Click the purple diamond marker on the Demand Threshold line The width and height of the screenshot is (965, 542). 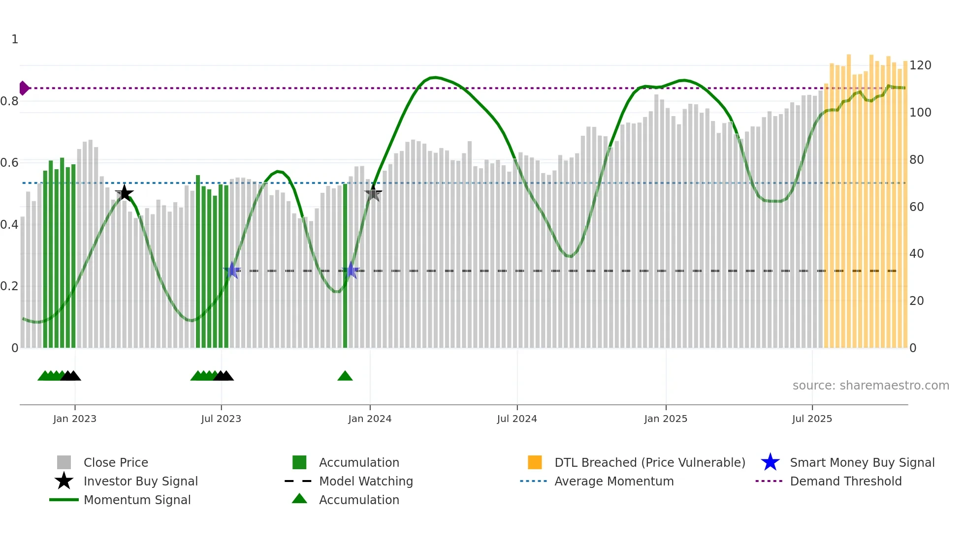pos(24,88)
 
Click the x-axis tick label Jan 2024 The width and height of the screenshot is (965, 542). pos(370,419)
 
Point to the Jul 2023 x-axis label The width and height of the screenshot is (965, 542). pos(221,419)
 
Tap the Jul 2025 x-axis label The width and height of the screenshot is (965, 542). pos(812,419)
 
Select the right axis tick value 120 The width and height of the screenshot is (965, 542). pos(920,65)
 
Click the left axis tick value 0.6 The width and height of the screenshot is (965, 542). pos(9,163)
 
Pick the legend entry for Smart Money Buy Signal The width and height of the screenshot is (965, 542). pos(862,462)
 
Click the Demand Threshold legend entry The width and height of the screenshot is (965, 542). pos(845,481)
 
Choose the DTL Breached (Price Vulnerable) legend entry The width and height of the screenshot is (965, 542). pos(649,462)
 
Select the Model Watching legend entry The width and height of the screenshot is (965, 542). pos(365,481)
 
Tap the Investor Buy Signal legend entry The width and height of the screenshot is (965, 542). pos(140,481)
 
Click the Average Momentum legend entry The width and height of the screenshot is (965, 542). pos(613,481)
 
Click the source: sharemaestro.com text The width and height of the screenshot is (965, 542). pos(870,386)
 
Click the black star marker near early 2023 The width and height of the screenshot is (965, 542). pos(125,193)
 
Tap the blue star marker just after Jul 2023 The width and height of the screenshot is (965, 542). pos(232,271)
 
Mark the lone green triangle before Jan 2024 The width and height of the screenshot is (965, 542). pos(345,376)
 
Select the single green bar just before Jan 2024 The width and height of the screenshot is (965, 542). pos(345,266)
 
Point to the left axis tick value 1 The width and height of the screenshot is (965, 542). pos(15,39)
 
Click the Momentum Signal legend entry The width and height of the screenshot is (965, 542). pos(136,500)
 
